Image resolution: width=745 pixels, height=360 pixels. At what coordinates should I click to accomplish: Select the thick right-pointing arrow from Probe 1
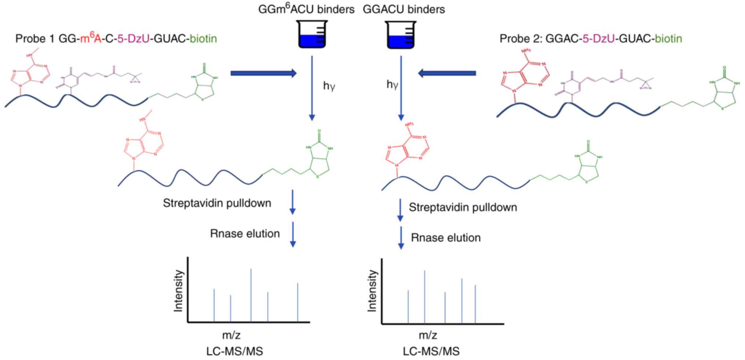(263, 73)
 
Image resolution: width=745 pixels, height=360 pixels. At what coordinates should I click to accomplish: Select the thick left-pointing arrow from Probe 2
(447, 73)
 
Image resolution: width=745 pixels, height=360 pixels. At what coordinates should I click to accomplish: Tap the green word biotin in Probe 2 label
(668, 38)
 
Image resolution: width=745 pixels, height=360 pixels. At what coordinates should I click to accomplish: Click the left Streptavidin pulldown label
(217, 203)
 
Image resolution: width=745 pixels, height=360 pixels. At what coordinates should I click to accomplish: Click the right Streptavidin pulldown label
(463, 207)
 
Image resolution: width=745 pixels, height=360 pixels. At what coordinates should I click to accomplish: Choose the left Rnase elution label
(245, 234)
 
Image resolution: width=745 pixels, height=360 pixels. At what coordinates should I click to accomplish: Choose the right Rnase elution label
(445, 238)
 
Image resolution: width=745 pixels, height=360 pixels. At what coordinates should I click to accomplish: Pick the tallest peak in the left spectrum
(251, 295)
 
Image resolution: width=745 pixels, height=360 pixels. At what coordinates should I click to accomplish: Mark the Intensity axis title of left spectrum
(178, 291)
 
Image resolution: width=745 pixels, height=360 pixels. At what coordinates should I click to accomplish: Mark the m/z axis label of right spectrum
(428, 335)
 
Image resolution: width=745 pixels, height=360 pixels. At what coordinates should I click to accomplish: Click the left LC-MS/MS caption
(235, 352)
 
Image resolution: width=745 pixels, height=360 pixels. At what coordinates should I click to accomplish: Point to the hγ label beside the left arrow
(329, 86)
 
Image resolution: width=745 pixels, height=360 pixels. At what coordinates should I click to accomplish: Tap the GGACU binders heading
(404, 9)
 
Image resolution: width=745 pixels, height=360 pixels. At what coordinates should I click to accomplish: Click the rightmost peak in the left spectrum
(297, 302)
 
